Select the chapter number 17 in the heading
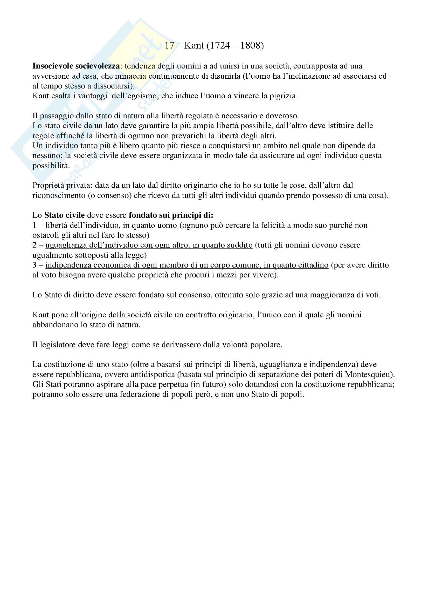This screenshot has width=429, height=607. tap(170, 46)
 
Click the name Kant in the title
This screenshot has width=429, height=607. tap(194, 46)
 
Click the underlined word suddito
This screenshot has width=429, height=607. tap(239, 245)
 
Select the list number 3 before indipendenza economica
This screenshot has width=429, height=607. tap(34, 265)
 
